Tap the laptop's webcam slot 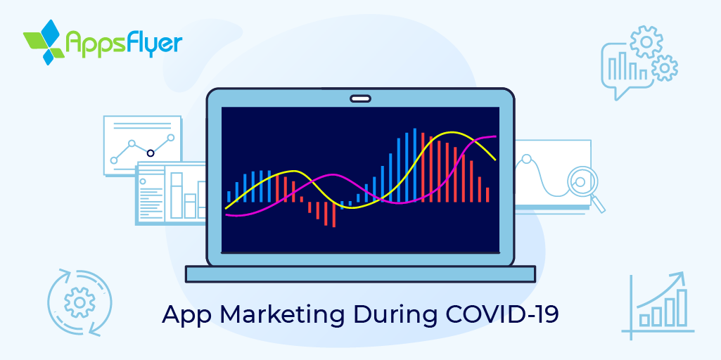pos(360,98)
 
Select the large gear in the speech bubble pos(646,41)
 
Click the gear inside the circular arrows pos(79,302)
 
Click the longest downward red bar pos(334,214)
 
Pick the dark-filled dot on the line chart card pos(150,153)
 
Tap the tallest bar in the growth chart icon pos(680,307)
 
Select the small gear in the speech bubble pos(665,68)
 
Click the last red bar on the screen pos(487,194)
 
